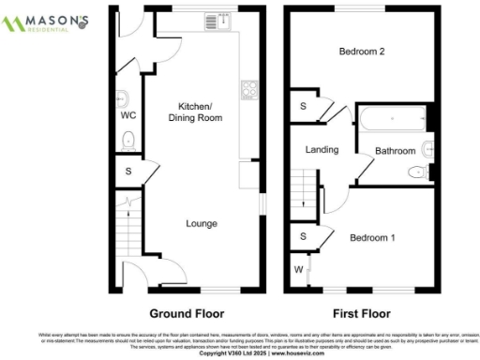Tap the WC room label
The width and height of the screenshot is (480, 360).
coord(128,117)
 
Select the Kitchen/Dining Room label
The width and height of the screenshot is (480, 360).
coord(202,113)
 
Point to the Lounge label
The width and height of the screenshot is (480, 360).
coord(202,224)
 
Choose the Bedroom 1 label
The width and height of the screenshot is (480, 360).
coord(372,238)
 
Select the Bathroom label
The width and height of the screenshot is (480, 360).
coord(395,150)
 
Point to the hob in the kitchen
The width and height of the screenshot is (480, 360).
coord(249,90)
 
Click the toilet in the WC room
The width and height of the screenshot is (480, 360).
coord(128,142)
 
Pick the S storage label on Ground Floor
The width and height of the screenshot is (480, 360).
coord(128,172)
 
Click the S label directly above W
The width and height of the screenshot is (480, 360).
coord(303,236)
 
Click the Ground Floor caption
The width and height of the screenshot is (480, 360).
coord(187,313)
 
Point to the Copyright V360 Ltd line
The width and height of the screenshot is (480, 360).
coord(240,352)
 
